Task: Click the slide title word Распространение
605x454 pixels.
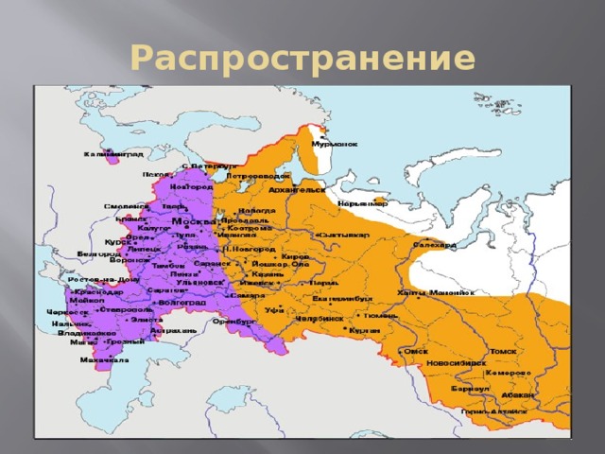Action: click(302, 59)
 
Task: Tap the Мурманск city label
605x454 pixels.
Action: click(335, 144)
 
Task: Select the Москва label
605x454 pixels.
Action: click(194, 221)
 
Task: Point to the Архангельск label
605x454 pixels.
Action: click(297, 189)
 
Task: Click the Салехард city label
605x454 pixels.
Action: click(435, 245)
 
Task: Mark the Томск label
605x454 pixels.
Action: click(503, 351)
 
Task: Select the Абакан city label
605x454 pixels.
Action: click(518, 394)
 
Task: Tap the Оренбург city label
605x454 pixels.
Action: click(234, 321)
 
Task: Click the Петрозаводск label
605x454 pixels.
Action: click(258, 176)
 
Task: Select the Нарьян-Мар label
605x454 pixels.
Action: click(362, 203)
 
